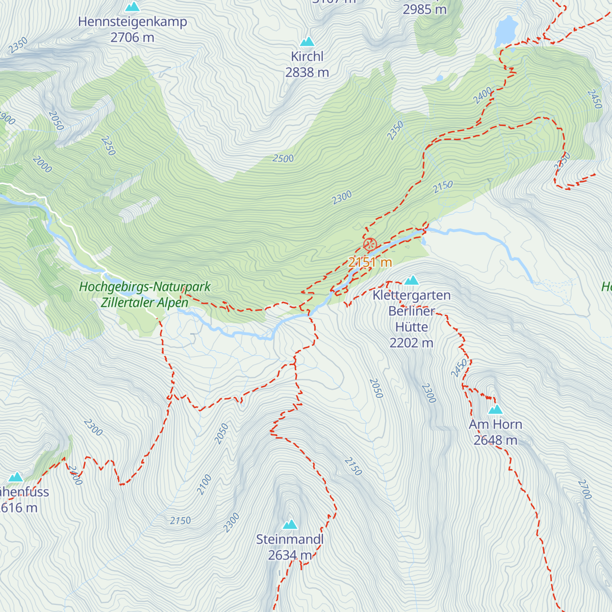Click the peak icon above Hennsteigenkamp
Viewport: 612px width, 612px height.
(133, 7)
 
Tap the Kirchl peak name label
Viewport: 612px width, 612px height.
(307, 57)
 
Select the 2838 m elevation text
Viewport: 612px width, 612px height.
(307, 72)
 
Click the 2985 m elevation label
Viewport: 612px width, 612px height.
(424, 9)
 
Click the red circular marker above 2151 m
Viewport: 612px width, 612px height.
(370, 244)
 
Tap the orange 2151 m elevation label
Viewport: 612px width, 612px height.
(370, 262)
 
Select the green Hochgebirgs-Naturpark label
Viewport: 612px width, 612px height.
(145, 287)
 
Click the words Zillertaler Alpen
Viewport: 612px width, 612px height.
(145, 302)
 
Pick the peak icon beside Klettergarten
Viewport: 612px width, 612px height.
(412, 280)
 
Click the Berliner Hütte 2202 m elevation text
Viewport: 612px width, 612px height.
(411, 343)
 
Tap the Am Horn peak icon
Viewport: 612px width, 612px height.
(495, 410)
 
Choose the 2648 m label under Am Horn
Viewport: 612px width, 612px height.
(495, 440)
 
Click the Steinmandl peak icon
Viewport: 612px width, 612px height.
(290, 524)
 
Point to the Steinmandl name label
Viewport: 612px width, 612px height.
(290, 539)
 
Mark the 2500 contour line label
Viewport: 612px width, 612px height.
(283, 159)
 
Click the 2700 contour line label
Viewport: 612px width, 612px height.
(584, 489)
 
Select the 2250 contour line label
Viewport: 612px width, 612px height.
(108, 146)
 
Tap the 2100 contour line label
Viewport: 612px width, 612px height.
(204, 484)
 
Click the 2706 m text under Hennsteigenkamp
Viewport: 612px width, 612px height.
(132, 37)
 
